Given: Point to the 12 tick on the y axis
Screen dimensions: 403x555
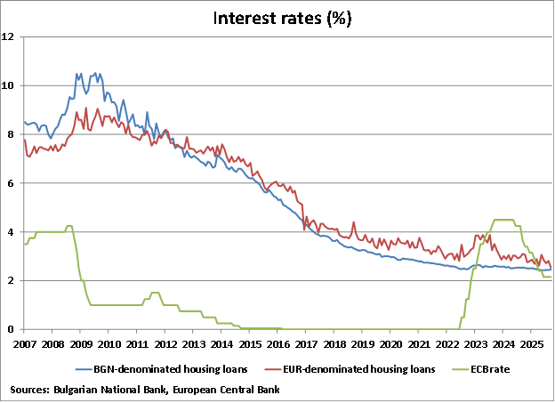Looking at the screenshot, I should [9, 36].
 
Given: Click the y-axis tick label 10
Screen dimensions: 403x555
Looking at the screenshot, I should [9, 85].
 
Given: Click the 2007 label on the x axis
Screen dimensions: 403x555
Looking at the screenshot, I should [24, 343].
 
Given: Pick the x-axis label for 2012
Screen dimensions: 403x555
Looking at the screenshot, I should [165, 343].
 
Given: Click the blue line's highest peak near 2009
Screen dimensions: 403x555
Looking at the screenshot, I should [79, 73].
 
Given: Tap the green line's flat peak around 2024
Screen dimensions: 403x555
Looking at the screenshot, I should [503, 220].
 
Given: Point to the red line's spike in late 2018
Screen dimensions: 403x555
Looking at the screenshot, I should [354, 223].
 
